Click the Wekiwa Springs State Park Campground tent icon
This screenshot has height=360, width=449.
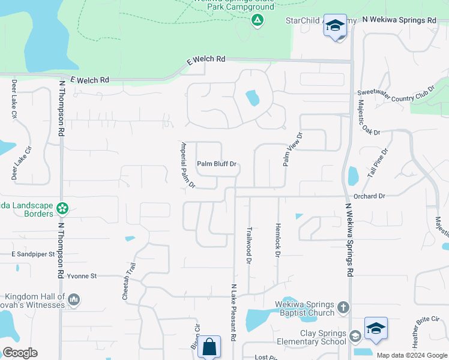coord(257,20)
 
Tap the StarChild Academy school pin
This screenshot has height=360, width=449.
coord(335,25)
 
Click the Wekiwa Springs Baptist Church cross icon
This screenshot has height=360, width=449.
coord(343,308)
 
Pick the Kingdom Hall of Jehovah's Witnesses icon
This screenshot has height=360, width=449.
coord(74,299)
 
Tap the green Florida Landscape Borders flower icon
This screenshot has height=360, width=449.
coord(62,209)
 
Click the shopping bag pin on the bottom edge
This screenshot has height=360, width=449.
coord(209,346)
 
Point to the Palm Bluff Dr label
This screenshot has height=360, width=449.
coord(217,164)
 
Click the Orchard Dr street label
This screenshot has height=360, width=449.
coord(369,196)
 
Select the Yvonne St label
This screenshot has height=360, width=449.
coord(82,276)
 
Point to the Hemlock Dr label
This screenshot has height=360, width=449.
coord(278,241)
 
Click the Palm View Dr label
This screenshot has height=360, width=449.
coord(292,149)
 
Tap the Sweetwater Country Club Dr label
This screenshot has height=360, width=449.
coord(395,95)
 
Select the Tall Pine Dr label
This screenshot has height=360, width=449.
coord(378,163)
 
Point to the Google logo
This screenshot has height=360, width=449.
coord(20,353)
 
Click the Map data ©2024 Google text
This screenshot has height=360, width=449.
coord(411,355)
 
